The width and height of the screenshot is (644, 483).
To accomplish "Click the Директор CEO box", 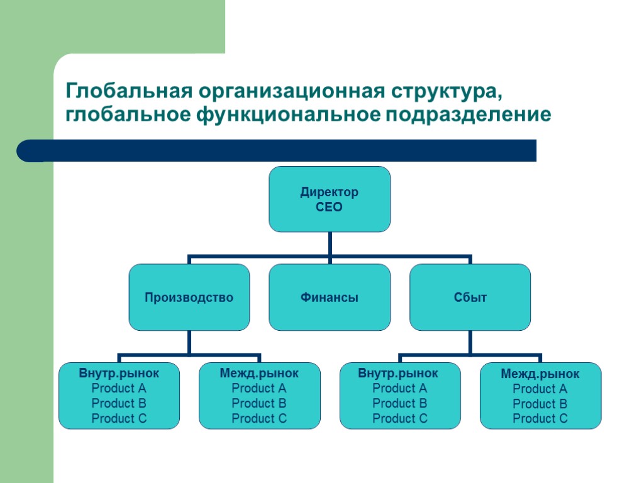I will click(x=330, y=199).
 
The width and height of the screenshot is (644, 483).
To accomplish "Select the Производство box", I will click(x=189, y=297).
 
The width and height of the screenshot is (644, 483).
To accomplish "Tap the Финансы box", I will click(x=330, y=297).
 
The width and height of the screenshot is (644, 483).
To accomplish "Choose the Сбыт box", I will click(x=470, y=297).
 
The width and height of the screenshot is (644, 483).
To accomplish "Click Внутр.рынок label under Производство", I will click(x=119, y=373).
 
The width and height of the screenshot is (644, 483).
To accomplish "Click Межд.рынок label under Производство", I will click(x=259, y=373).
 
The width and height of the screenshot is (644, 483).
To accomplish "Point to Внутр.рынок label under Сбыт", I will click(x=399, y=373).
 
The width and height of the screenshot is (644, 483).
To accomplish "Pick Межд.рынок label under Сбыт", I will click(x=540, y=374).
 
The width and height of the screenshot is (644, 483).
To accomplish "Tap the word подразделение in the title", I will click(x=469, y=115).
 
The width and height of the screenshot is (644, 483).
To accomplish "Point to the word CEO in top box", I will click(x=330, y=207).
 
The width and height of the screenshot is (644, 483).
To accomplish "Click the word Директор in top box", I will click(x=330, y=192).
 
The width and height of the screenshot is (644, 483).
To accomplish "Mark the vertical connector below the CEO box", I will click(x=330, y=243).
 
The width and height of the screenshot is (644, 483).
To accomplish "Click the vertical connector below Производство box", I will click(x=189, y=342).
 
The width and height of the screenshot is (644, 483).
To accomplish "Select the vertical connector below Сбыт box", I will click(x=470, y=342).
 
